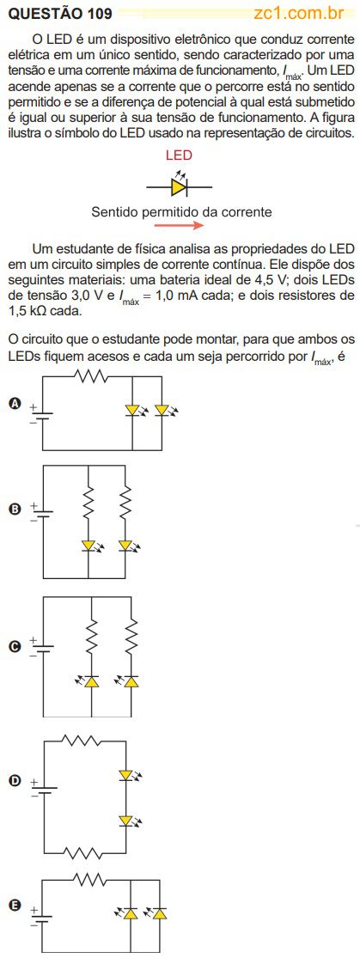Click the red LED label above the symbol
(x=179, y=156)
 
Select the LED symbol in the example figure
(x=179, y=185)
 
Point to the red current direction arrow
(x=178, y=225)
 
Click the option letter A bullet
(x=15, y=403)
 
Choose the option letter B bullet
(x=15, y=509)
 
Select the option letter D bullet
(x=15, y=780)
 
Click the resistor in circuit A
(x=91, y=375)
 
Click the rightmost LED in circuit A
(x=165, y=412)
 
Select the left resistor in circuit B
(x=89, y=500)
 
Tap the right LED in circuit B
(x=128, y=546)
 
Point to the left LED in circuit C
(x=88, y=680)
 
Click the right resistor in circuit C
(x=131, y=636)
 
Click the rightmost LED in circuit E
(x=158, y=913)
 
